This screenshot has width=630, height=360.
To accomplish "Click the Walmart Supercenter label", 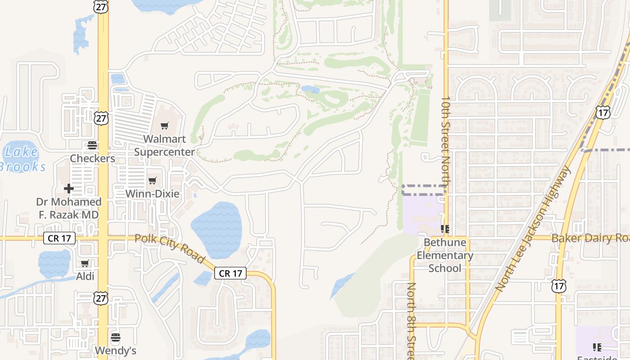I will click(165, 145).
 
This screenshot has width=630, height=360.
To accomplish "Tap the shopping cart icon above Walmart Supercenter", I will click(165, 126).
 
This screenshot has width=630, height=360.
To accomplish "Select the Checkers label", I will click(92, 158).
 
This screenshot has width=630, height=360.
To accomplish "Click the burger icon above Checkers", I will click(92, 145).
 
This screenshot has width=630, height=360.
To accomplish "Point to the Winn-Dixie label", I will click(152, 194).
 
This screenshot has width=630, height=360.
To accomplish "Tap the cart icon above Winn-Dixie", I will click(153, 181).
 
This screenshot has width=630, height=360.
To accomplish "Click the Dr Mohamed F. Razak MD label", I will click(68, 208).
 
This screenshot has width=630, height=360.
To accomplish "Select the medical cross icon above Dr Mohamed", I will click(69, 189).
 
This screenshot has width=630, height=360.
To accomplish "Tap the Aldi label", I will click(85, 276).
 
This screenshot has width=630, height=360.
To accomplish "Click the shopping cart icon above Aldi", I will click(85, 264).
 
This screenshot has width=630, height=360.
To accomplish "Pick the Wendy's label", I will click(116, 350).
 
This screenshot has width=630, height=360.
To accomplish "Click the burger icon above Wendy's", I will click(116, 337).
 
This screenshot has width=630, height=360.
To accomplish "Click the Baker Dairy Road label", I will click(589, 238).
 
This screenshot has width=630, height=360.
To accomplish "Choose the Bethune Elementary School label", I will click(445, 255).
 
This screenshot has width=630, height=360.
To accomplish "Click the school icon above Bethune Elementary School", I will click(445, 229).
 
